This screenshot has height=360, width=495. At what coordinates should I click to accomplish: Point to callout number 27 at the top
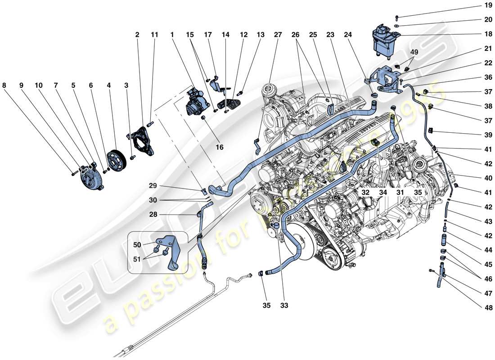278,34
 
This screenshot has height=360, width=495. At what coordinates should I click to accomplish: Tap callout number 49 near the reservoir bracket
413,52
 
